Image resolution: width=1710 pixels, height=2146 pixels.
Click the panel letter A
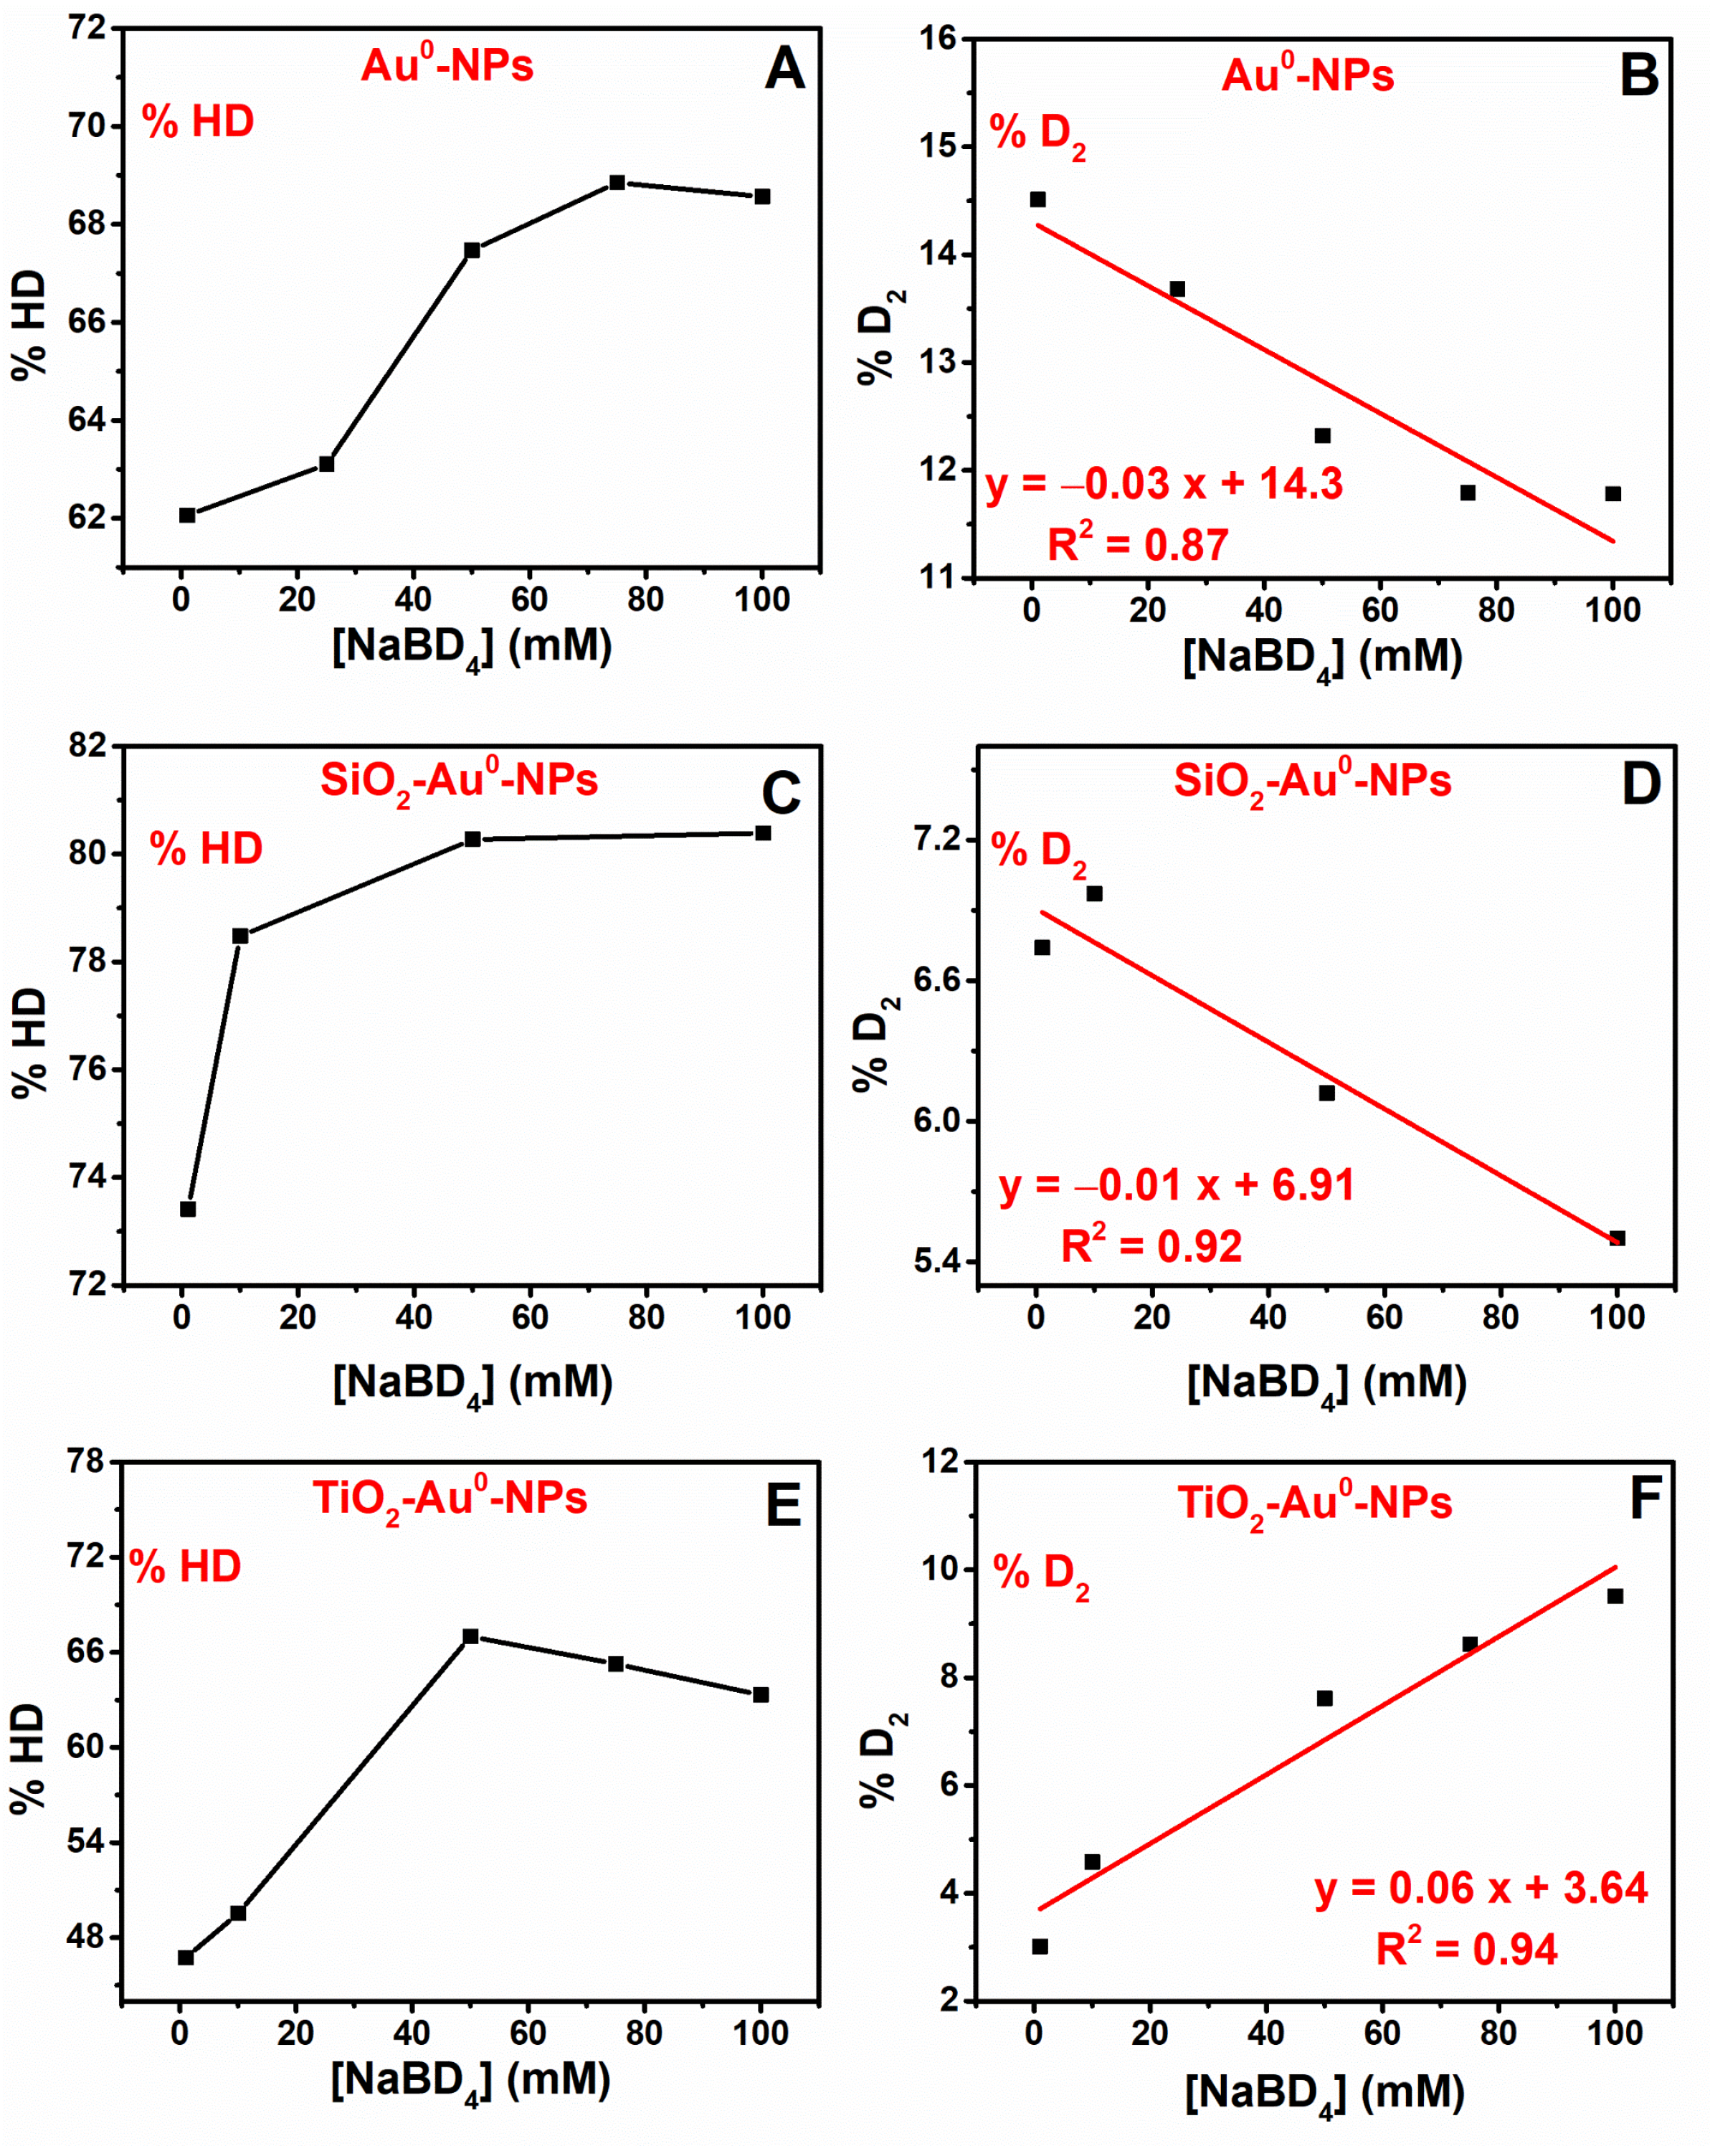[x=784, y=70]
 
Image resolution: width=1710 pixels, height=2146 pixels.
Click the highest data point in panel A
[x=617, y=182]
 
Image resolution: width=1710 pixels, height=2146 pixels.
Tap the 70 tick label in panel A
[x=87, y=126]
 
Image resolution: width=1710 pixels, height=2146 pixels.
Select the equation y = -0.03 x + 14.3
[x=1164, y=485]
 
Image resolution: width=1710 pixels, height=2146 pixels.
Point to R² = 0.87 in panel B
[x=1138, y=544]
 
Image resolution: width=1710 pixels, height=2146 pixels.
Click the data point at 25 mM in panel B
[x=1177, y=290]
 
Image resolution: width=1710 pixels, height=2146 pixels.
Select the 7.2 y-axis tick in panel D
[x=936, y=839]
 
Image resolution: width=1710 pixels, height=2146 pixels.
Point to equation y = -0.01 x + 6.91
[x=1177, y=1185]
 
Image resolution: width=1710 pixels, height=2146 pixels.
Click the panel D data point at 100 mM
[x=1618, y=1238]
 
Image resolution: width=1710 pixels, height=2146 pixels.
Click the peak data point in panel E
[x=471, y=1636]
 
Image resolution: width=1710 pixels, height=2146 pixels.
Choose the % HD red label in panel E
[x=185, y=1567]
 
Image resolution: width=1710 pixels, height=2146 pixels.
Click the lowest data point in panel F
[x=1040, y=1947]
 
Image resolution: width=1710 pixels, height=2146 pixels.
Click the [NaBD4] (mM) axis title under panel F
[x=1324, y=2094]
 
